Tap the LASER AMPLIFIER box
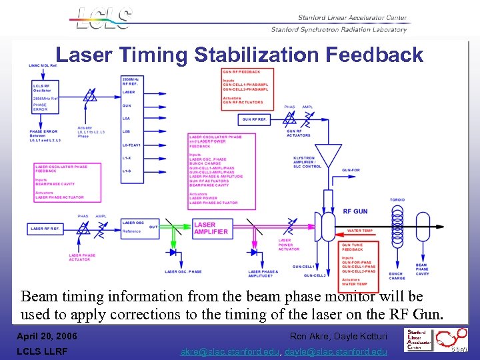point(211,229)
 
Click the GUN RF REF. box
point(257,119)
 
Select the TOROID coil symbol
point(397,227)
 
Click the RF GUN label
point(355,211)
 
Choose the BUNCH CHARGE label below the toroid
point(397,275)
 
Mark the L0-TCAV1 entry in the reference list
point(133,145)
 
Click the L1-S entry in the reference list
point(127,171)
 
